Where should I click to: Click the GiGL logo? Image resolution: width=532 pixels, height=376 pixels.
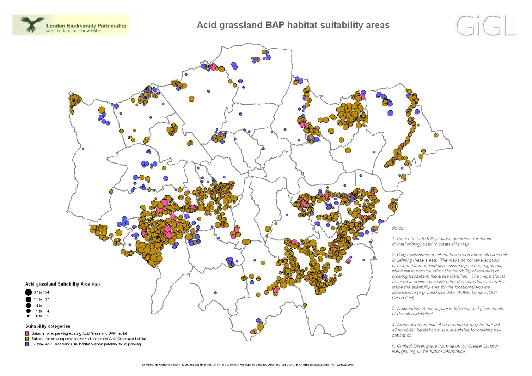[x=485, y=25]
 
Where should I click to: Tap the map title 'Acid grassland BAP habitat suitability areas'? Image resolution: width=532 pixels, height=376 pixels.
[x=293, y=25]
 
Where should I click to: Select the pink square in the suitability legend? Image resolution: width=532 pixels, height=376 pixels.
[x=27, y=333]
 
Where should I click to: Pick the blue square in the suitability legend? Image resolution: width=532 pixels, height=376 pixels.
[x=27, y=344]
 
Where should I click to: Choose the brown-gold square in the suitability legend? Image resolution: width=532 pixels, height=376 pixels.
[x=27, y=339]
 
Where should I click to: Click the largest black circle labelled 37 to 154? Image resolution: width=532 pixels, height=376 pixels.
[x=28, y=292]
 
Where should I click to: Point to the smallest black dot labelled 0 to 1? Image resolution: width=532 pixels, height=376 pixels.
[x=28, y=316]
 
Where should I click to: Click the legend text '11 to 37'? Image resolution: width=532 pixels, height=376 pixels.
[x=41, y=299]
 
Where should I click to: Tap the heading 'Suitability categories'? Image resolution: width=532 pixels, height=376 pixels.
[x=48, y=326]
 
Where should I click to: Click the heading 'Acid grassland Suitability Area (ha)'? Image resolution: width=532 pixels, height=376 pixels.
[x=62, y=284]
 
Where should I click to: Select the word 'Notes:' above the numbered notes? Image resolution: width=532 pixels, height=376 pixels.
[x=398, y=228]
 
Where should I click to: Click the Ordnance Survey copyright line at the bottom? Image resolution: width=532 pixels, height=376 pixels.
[x=248, y=364]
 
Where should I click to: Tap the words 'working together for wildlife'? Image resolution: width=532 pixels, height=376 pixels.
[x=73, y=31]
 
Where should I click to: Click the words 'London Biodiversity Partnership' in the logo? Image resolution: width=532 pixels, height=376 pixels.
[x=86, y=26]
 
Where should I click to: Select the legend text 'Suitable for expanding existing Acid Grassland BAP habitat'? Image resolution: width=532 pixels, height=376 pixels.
[x=79, y=333]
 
